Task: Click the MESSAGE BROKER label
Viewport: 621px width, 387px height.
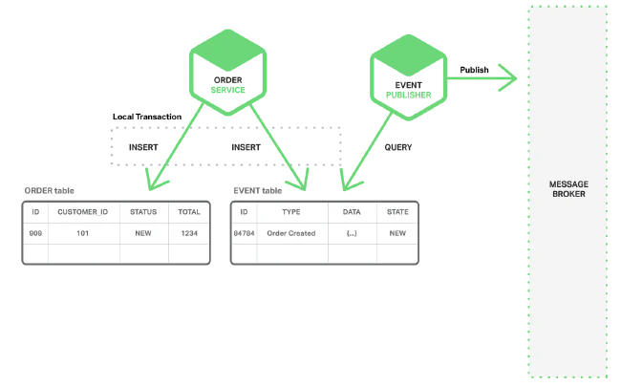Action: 567,187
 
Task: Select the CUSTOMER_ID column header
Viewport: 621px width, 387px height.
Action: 84,211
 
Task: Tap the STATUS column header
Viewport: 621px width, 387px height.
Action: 144,211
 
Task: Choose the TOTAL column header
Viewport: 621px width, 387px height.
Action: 189,211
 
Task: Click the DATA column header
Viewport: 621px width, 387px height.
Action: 352,211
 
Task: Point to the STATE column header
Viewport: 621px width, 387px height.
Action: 396,211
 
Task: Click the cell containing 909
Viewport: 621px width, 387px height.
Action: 35,233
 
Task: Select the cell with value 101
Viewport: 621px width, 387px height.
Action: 84,233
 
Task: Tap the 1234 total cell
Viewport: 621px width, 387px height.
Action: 189,233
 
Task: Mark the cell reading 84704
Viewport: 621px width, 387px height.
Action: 245,233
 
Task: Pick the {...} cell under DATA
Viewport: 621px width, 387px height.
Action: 352,233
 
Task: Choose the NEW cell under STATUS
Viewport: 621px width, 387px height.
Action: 144,233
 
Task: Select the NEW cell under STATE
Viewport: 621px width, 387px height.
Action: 396,233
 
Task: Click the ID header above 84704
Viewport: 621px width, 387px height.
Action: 245,211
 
